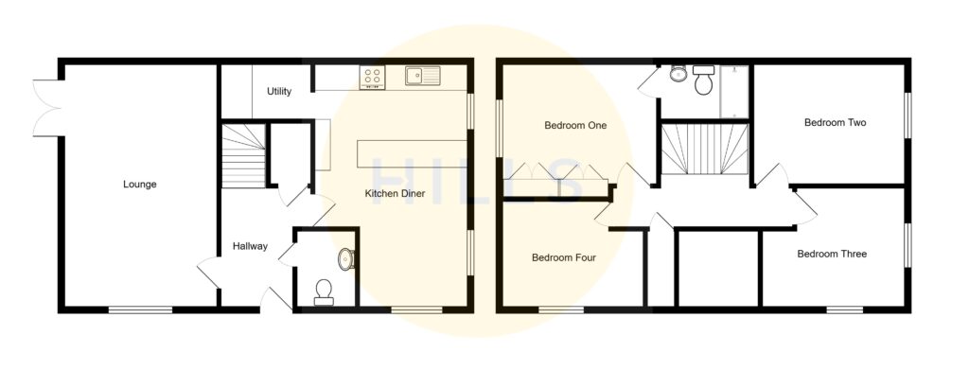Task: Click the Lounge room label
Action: tap(139, 185)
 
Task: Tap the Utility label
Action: tap(278, 92)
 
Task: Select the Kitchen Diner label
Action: tap(395, 194)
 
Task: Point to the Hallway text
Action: tap(250, 247)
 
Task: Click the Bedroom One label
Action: tap(574, 125)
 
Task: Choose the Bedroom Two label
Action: tap(836, 122)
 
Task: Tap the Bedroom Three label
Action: tap(831, 254)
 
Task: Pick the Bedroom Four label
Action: tap(563, 256)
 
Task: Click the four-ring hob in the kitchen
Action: tap(372, 77)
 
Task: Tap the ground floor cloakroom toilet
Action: tap(324, 291)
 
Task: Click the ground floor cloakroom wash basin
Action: tap(345, 257)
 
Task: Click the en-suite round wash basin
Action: tap(678, 75)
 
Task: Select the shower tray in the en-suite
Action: tap(734, 91)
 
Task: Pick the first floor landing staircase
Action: tap(704, 149)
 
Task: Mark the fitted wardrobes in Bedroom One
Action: tap(555, 172)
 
